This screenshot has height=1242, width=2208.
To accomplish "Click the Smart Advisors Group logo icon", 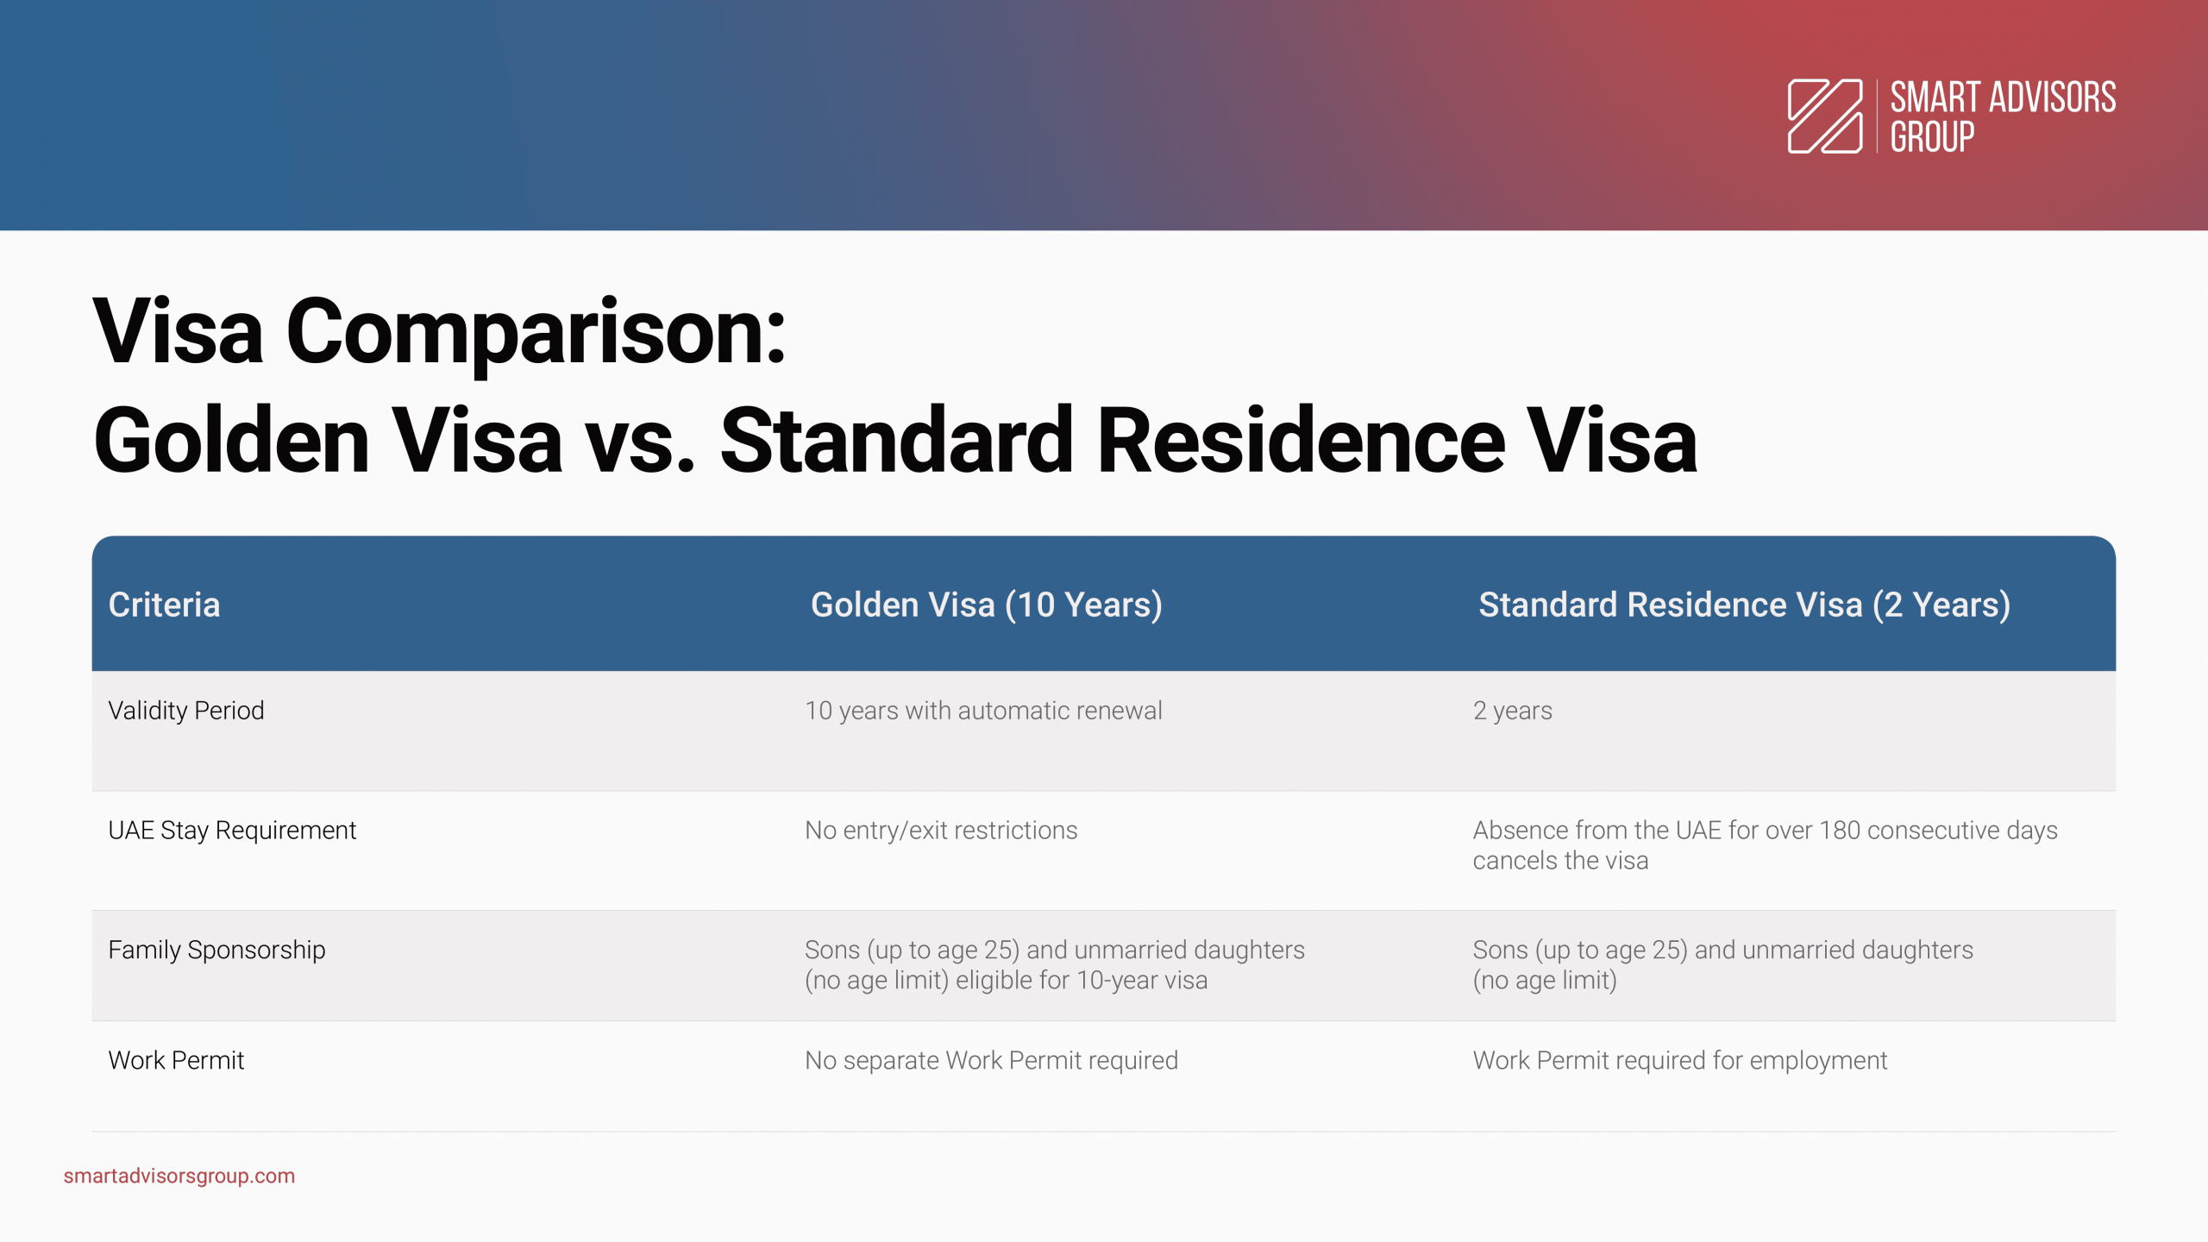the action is click(x=1825, y=116).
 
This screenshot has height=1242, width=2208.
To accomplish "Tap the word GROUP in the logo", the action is click(x=1932, y=137).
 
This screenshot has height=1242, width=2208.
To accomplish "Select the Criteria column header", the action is click(x=164, y=605).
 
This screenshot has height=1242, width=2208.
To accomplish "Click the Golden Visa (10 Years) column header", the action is click(x=987, y=605).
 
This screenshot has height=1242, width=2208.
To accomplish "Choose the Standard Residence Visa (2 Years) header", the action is click(x=1745, y=605).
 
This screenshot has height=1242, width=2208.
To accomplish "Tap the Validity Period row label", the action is click(x=186, y=711).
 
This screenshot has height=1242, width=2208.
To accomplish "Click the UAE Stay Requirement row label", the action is click(x=232, y=831).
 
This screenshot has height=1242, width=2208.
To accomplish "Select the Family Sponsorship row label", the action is click(x=216, y=950).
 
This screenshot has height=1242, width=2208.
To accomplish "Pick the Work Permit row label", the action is click(x=176, y=1060).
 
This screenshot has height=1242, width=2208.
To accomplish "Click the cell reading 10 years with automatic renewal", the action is click(x=983, y=711).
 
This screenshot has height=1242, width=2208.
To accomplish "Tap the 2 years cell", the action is click(x=1513, y=711).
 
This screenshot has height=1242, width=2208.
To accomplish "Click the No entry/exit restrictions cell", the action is click(x=941, y=831).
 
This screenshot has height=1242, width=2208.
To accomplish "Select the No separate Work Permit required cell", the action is click(x=991, y=1060).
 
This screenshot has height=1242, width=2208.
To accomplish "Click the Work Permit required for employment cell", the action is click(x=1680, y=1060).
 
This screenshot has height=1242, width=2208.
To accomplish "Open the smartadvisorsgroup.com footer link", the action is click(x=179, y=1176).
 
